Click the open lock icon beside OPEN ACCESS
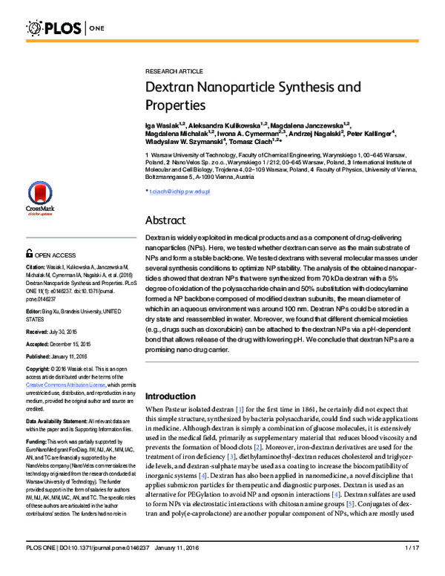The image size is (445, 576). pyautogui.click(x=30, y=254)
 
